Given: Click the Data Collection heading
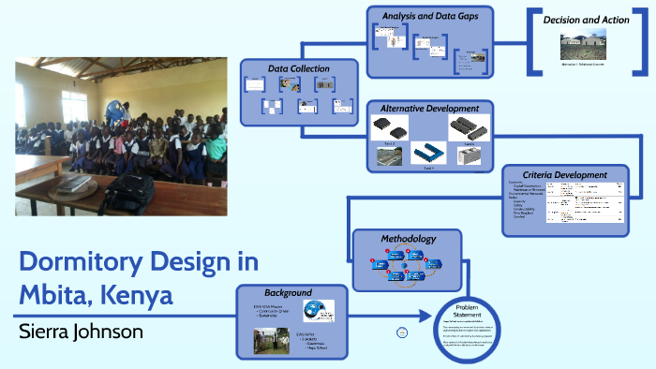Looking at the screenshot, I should point(299,68).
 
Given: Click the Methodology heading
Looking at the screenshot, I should point(409,239).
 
